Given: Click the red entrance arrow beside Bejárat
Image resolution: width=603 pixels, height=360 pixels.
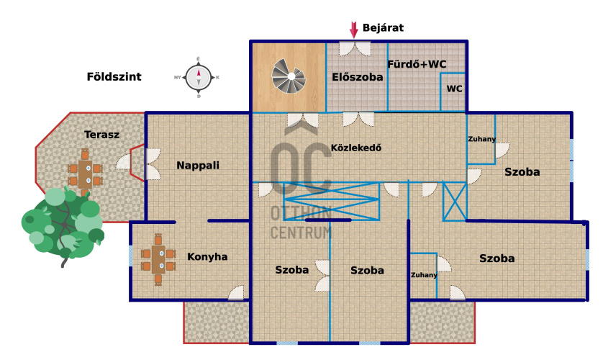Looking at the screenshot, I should point(353,29).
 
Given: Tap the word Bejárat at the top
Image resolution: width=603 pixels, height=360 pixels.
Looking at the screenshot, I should point(383,28).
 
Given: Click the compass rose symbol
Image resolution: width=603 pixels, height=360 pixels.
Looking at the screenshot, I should point(198,76).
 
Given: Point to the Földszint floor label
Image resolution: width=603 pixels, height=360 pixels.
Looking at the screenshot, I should point(114,76).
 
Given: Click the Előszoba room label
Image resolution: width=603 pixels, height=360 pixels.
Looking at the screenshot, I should point(358,77).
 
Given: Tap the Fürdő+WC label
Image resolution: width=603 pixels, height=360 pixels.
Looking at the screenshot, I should point(417,64).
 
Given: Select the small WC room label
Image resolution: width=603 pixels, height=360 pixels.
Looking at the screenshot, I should point(454,89).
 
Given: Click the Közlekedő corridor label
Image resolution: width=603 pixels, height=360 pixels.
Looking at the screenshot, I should point(355,148).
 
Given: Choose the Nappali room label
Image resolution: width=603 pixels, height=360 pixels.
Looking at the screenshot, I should point(198,165).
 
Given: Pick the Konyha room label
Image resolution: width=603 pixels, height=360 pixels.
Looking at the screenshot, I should point(207,256).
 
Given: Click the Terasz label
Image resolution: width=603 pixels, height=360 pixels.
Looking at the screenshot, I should point(101,135).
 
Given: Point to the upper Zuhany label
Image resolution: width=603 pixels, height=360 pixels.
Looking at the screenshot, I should point(481,139).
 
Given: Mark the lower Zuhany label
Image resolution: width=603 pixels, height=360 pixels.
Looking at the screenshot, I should point(424,275).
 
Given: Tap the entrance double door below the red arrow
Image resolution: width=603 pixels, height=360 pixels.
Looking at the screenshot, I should point(355,48).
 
